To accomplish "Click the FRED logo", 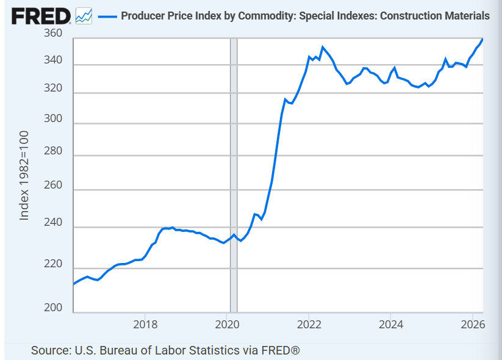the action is click(x=41, y=16).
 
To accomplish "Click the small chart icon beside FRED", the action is click(x=84, y=16).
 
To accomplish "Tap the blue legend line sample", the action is click(x=107, y=16).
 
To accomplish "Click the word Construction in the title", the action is click(x=407, y=16).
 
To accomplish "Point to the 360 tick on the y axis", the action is click(x=53, y=33).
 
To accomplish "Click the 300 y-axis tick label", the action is click(x=53, y=118).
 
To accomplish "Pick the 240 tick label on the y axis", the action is click(x=53, y=222).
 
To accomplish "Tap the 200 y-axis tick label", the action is click(x=53, y=307).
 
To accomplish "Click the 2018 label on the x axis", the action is click(x=145, y=325).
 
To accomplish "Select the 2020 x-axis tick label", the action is click(x=228, y=325).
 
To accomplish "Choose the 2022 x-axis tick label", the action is click(x=309, y=325).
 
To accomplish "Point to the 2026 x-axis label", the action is click(x=473, y=325).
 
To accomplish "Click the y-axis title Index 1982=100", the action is click(x=24, y=176).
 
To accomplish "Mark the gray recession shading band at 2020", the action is click(x=234, y=175).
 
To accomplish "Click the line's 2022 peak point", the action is click(x=323, y=47).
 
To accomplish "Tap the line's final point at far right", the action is click(x=482, y=40).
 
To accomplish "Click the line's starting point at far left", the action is click(x=74, y=284).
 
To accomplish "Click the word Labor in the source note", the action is click(x=171, y=350).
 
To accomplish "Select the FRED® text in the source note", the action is click(x=281, y=350).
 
